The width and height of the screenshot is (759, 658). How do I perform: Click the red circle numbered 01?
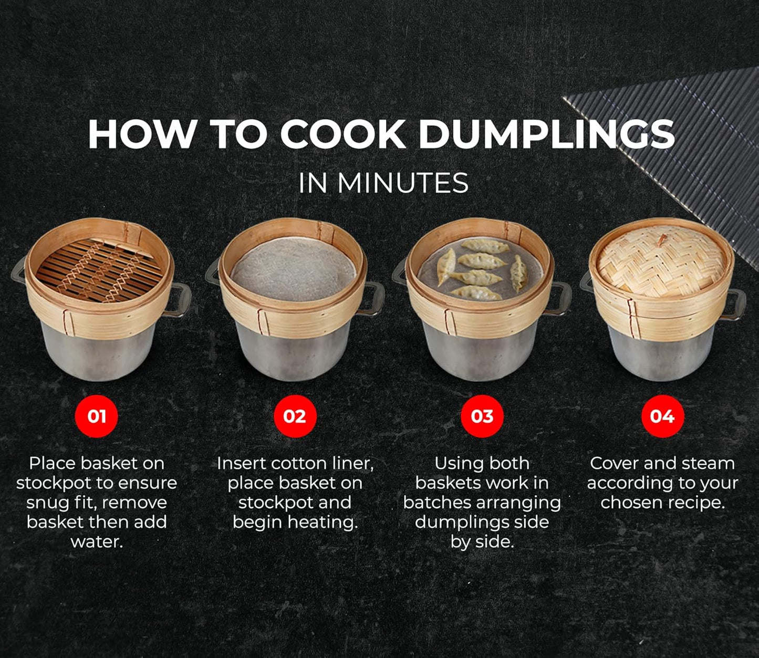click(96, 416)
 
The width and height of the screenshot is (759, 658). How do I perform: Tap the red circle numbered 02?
click(295, 416)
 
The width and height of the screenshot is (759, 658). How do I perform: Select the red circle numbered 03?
click(482, 416)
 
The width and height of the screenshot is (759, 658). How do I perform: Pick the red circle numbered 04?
click(662, 416)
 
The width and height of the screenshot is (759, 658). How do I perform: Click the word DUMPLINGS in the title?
click(546, 134)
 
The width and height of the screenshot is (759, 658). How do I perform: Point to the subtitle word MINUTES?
click(403, 183)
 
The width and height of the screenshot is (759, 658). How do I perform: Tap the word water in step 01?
click(97, 541)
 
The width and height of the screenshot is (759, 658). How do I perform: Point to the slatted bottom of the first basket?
click(100, 270)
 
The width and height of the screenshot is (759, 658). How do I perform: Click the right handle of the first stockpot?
click(179, 300)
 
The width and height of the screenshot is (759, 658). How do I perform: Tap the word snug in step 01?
click(48, 503)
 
